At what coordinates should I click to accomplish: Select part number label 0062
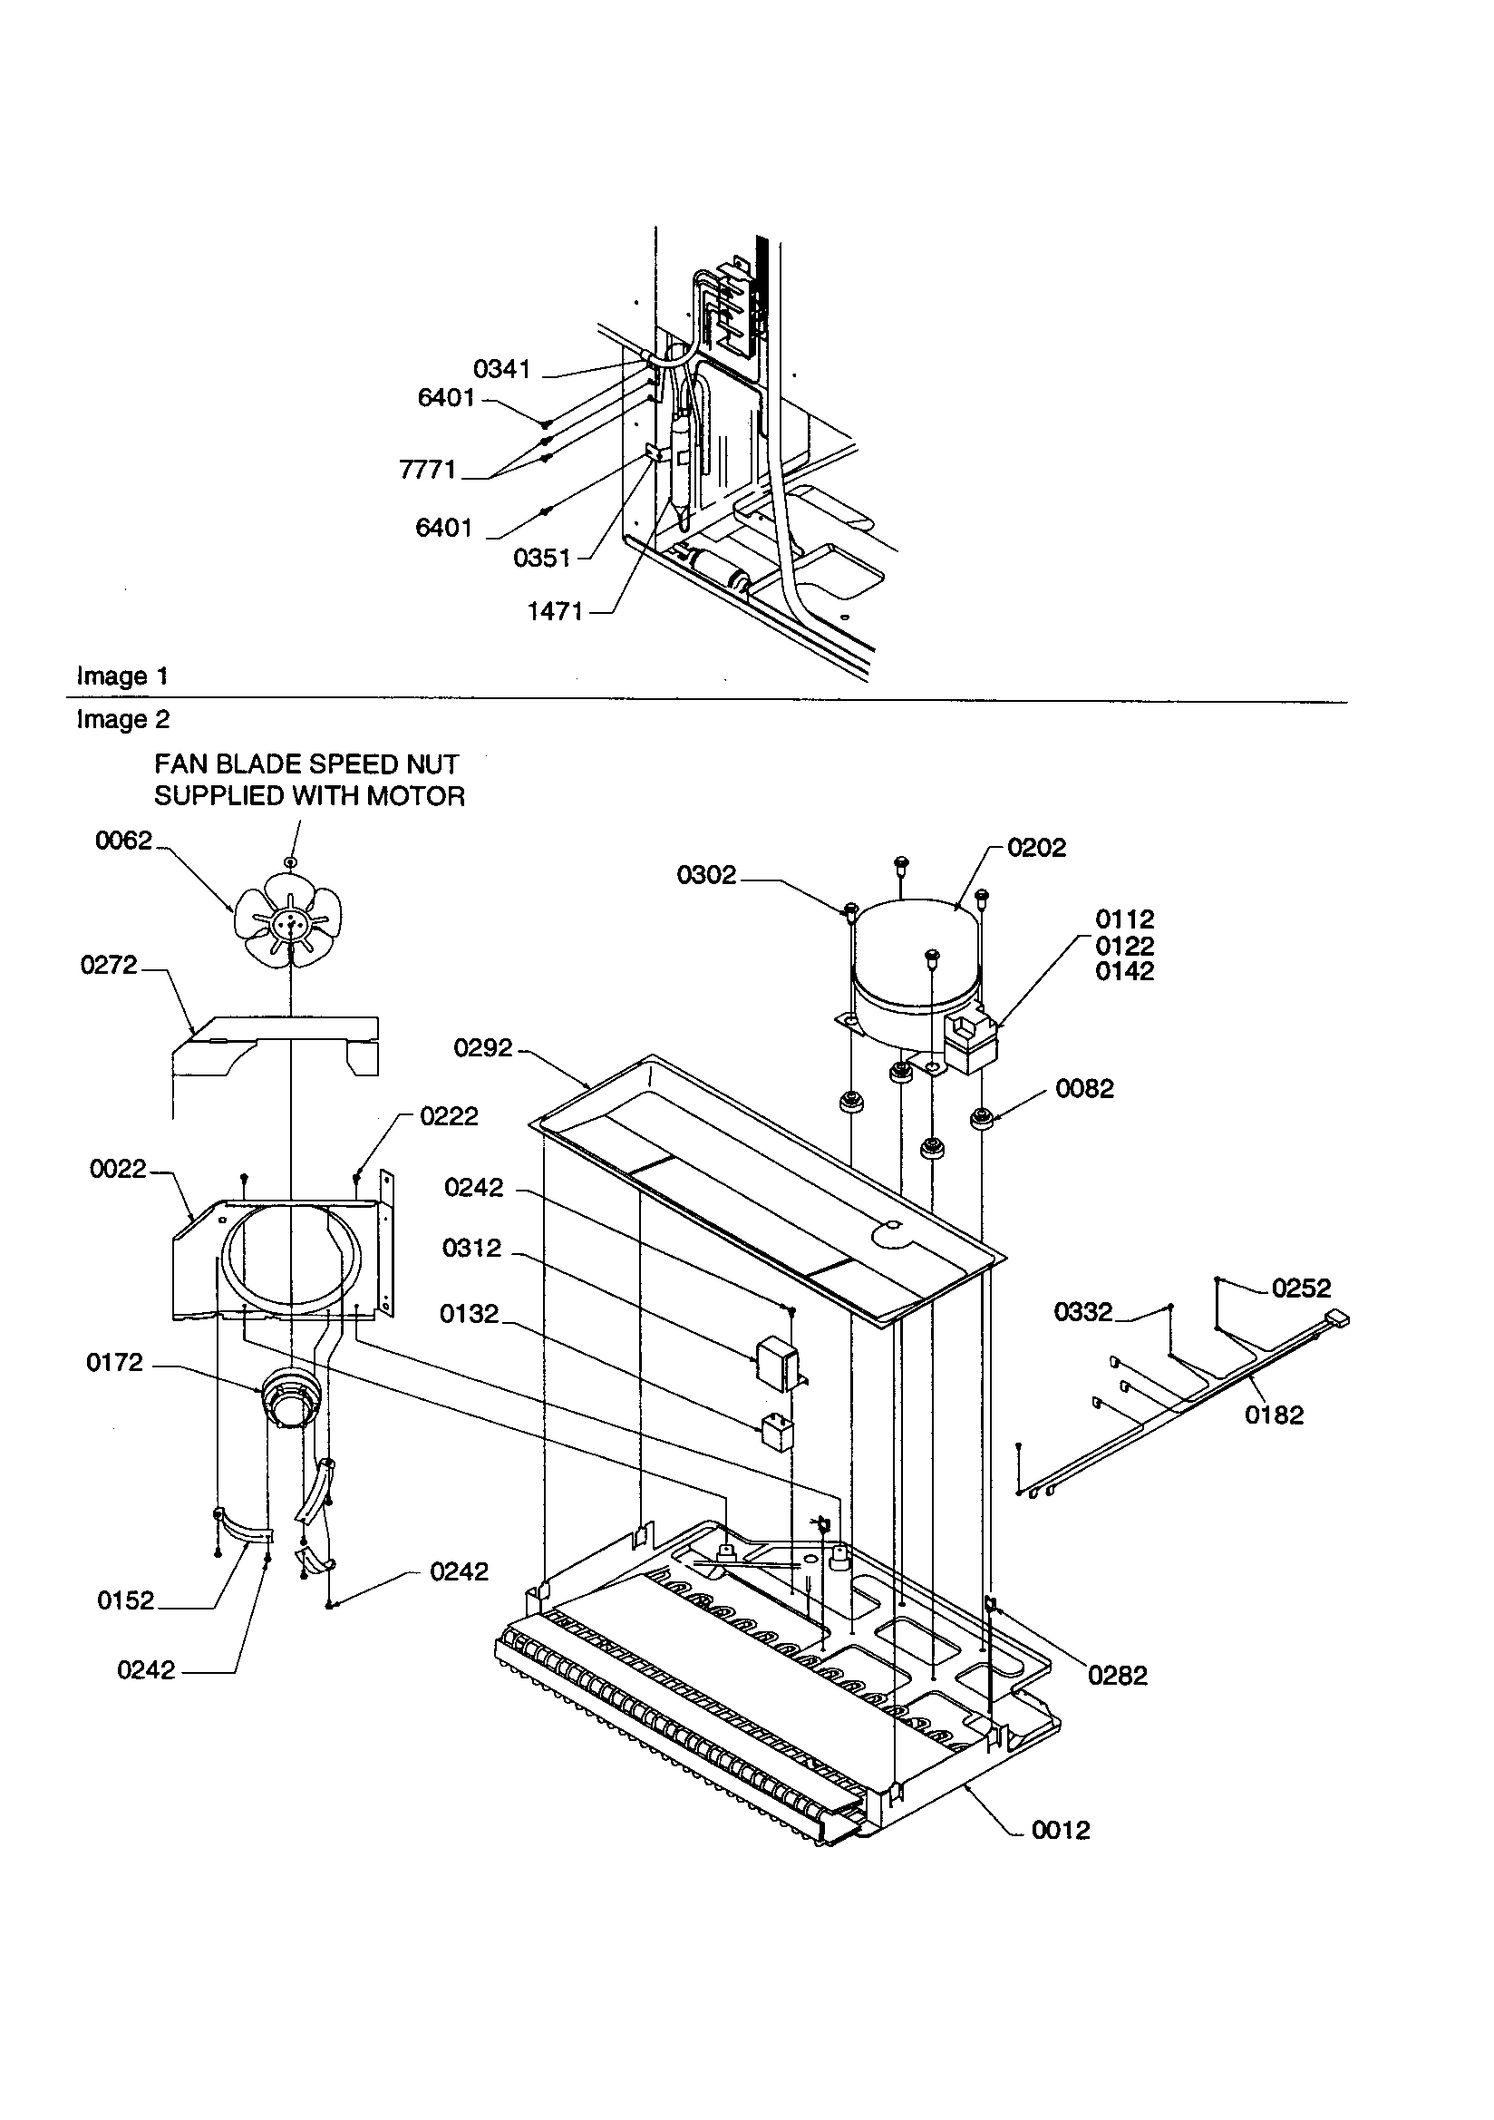coord(122,841)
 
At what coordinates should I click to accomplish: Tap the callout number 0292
coord(483,1048)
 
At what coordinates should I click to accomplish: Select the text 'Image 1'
coord(121,676)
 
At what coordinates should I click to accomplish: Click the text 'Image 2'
coord(122,719)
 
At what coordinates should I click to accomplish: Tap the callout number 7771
coord(428,470)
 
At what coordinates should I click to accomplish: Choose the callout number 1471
coord(555,611)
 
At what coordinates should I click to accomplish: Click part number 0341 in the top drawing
coord(501,369)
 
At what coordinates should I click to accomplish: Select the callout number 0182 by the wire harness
coord(1275,1415)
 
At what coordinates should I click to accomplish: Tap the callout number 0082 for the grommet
coord(1085,1089)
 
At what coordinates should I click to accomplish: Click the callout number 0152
coord(126,1600)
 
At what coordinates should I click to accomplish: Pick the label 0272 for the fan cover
coord(109,965)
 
